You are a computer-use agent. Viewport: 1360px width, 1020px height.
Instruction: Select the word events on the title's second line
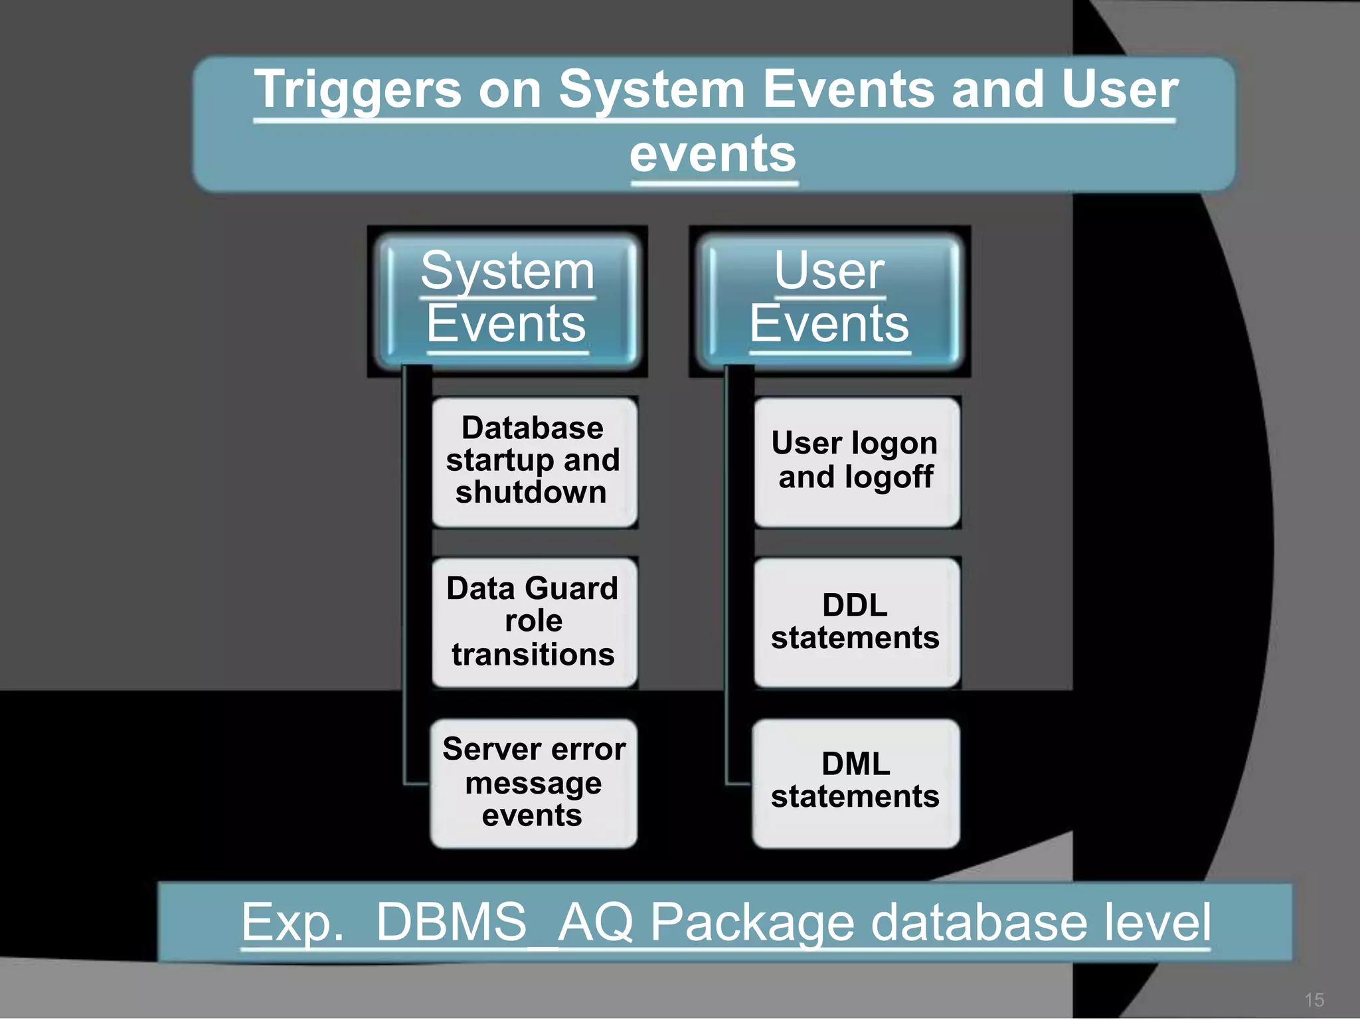[x=713, y=154]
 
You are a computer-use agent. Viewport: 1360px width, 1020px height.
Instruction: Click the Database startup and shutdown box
[x=534, y=462]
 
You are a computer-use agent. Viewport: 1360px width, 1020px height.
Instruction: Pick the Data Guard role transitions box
[x=534, y=622]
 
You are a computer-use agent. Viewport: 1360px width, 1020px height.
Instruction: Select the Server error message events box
[x=534, y=783]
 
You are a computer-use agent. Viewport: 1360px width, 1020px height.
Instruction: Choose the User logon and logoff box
[x=856, y=462]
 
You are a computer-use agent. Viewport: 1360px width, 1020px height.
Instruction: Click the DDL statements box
[x=856, y=622]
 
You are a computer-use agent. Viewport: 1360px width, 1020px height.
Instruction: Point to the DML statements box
[x=856, y=782]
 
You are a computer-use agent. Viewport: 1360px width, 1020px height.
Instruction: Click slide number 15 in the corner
[x=1314, y=999]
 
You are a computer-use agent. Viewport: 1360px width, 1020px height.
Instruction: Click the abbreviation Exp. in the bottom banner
[x=292, y=922]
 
